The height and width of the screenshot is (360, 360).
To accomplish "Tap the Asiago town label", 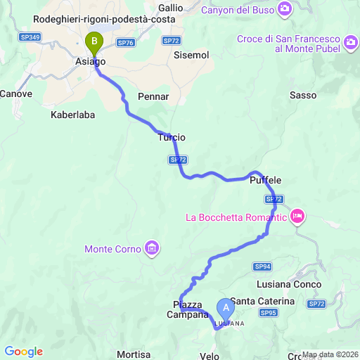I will click(90, 62).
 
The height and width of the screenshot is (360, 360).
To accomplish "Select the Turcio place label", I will click(172, 138).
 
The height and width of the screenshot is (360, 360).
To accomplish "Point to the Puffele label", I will click(266, 181).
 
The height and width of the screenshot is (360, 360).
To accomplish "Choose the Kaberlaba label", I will click(72, 113).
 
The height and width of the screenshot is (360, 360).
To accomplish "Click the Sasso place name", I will click(302, 95).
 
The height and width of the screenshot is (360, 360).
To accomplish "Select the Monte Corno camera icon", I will click(152, 248).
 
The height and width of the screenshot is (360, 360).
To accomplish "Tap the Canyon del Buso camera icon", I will click(285, 9).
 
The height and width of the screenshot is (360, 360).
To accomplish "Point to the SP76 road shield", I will click(126, 42).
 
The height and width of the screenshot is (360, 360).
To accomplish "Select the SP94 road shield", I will click(263, 266).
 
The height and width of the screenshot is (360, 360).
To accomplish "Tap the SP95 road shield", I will click(268, 313).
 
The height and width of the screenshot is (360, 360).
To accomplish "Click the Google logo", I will click(23, 352).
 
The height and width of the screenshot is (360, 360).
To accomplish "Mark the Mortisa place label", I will click(134, 354).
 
